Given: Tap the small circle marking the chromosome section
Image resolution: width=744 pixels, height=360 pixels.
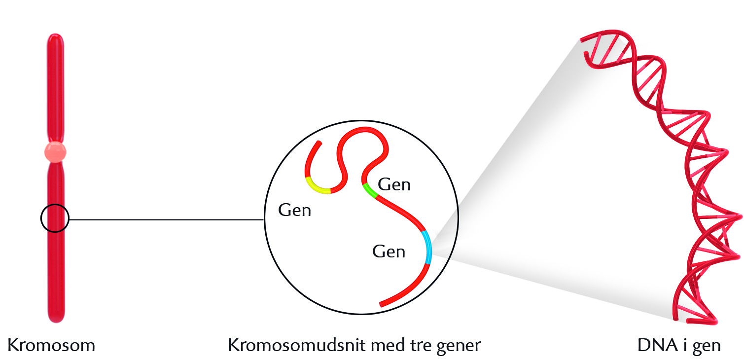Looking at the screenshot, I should point(55,217).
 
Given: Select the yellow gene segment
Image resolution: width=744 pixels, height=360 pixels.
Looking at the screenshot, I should point(318,187).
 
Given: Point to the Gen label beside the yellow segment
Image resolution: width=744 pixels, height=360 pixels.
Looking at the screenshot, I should point(295,211).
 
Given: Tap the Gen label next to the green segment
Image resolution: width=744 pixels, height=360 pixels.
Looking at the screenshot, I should point(394,185).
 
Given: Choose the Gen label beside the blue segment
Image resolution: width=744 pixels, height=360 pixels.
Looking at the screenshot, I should point(389,252).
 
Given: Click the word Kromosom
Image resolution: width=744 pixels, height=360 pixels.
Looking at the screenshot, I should point(51,345).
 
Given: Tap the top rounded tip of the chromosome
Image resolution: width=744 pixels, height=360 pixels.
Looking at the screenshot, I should point(56,37).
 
